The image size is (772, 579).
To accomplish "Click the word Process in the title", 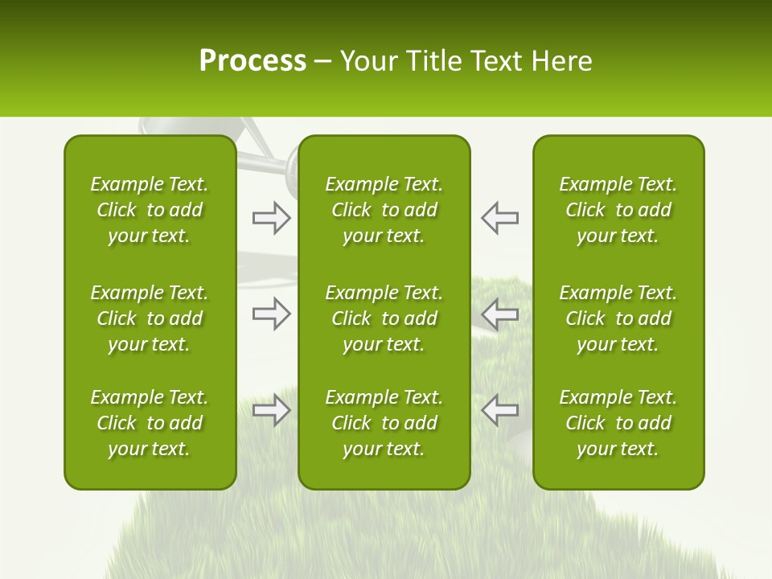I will click(x=253, y=61).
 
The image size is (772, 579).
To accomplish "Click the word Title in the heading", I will click(x=432, y=61).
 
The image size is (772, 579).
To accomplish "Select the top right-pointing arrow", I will click(x=271, y=218).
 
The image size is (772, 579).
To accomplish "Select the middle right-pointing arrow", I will click(x=271, y=314).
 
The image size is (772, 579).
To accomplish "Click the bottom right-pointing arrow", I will click(x=271, y=410).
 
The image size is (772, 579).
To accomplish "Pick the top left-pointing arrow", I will click(x=500, y=218).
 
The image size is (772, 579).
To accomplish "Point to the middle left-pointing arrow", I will click(x=500, y=314).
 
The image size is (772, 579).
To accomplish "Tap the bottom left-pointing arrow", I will click(x=500, y=410).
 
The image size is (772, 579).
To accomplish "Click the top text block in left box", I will click(x=150, y=210).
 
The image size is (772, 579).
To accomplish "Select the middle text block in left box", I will click(x=150, y=318).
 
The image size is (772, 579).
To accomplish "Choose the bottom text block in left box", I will click(x=150, y=423).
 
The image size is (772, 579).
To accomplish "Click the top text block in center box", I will click(x=384, y=210).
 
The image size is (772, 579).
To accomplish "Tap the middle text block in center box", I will click(x=384, y=318).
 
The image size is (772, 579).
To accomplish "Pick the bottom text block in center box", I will click(x=384, y=423).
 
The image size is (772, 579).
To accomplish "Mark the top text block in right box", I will click(x=618, y=210).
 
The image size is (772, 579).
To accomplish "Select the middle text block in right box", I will click(x=618, y=318).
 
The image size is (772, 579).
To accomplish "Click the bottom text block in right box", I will click(x=618, y=423).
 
